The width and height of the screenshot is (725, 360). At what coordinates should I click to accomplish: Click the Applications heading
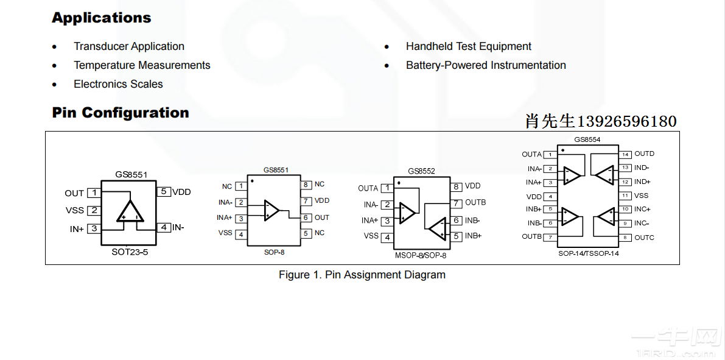(101, 18)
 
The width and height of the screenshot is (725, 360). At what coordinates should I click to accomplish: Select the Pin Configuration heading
(121, 113)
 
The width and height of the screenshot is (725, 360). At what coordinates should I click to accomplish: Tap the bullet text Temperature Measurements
(142, 65)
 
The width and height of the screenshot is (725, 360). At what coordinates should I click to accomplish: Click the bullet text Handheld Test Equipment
(468, 46)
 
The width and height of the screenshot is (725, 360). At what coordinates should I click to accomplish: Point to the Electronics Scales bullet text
(118, 84)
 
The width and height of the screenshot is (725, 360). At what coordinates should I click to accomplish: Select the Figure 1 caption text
(362, 275)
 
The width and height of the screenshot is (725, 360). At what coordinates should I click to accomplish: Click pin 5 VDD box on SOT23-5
(163, 191)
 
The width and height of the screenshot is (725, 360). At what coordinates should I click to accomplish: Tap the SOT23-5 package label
(130, 252)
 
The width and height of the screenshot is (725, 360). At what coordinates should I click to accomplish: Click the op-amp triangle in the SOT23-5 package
(130, 211)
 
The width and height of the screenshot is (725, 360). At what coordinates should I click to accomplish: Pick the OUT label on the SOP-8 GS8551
(322, 217)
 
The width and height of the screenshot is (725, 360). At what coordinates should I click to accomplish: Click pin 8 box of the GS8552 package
(456, 186)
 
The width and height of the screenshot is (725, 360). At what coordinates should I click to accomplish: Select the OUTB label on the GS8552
(475, 202)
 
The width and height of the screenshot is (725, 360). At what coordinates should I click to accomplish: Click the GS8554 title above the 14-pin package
(587, 139)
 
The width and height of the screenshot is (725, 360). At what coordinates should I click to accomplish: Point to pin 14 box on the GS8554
(625, 154)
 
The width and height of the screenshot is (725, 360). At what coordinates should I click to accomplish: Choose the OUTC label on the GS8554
(644, 238)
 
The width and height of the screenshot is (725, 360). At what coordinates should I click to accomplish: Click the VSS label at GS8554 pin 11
(641, 196)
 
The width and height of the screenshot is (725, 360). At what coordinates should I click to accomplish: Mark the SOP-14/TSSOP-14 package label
(588, 253)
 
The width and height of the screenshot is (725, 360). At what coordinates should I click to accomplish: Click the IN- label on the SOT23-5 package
(178, 227)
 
